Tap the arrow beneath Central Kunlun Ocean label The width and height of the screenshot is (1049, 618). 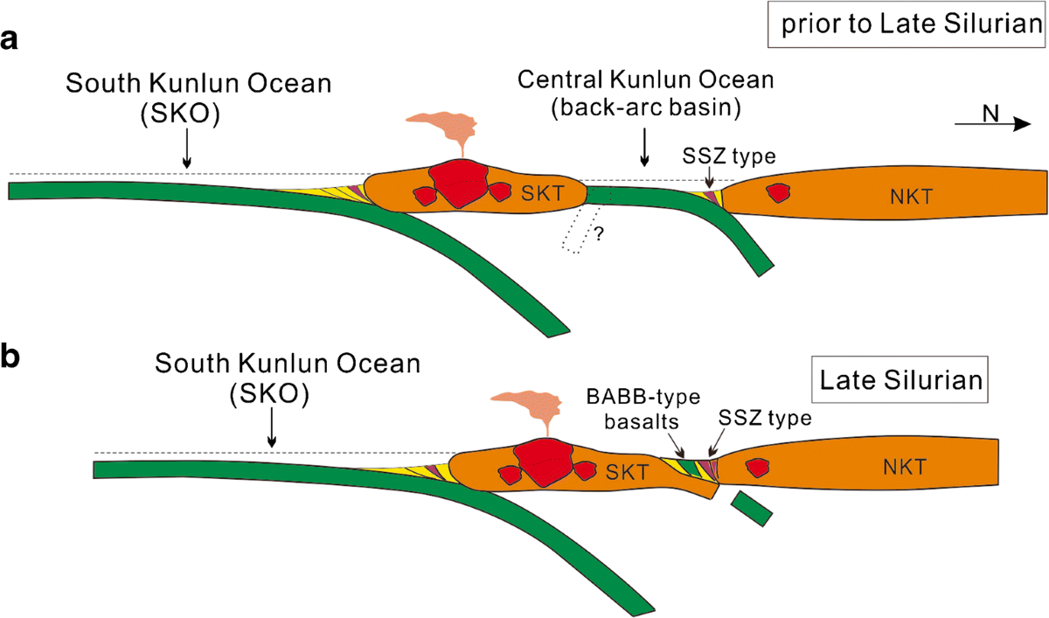[x=644, y=148]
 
